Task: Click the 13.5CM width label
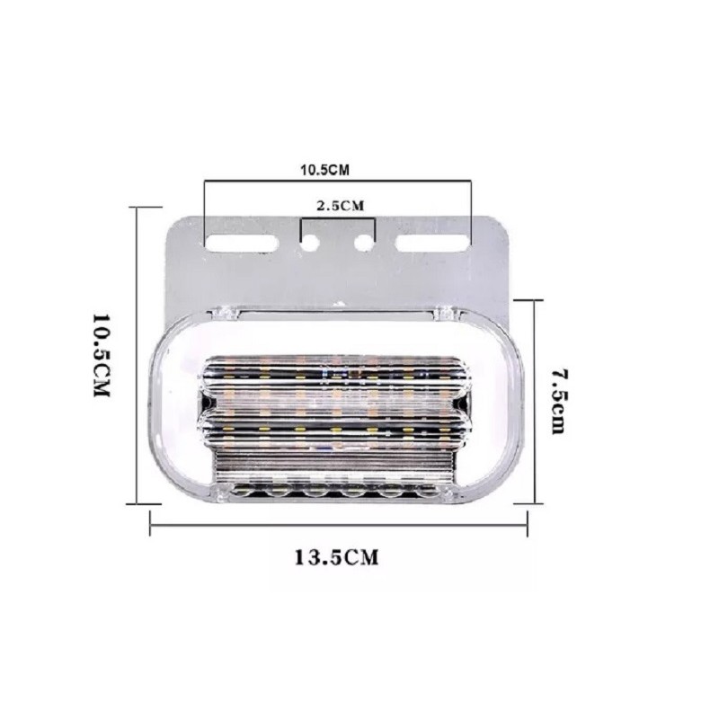336,557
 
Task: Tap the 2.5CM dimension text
341,206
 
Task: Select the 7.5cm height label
559,401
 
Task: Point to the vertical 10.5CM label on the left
101,355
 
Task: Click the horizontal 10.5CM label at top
324,170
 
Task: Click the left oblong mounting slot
241,243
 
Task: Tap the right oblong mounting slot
432,243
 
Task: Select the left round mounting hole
310,243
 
